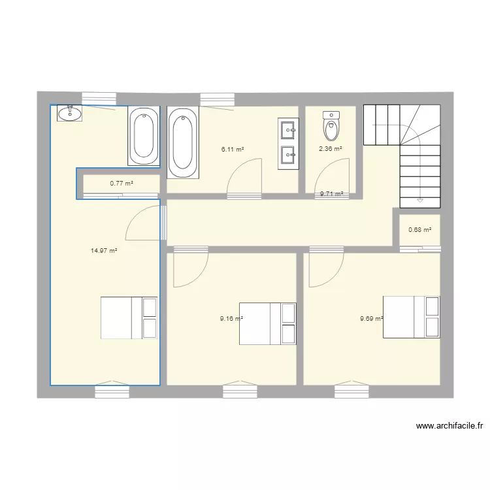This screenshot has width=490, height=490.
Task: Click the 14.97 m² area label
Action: pyautogui.click(x=105, y=250)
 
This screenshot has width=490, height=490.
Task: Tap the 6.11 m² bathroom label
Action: pyautogui.click(x=233, y=150)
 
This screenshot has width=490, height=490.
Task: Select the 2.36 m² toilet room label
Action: pyautogui.click(x=330, y=149)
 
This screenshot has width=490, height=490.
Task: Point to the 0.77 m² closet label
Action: pyautogui.click(x=122, y=184)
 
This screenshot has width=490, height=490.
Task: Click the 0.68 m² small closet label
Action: pyautogui.click(x=419, y=229)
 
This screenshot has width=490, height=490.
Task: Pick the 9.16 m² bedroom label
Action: pyautogui.click(x=231, y=319)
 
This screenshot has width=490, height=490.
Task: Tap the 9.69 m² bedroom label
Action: pyautogui.click(x=371, y=319)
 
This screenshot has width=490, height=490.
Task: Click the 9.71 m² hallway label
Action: pyautogui.click(x=331, y=194)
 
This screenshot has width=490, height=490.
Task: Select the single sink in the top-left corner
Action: pyautogui.click(x=69, y=114)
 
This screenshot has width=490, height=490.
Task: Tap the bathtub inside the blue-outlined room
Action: pyautogui.click(x=142, y=136)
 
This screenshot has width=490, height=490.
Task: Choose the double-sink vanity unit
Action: pyautogui.click(x=288, y=142)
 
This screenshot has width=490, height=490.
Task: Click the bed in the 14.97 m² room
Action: pyautogui.click(x=129, y=318)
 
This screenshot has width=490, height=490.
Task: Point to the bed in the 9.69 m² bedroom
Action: pyautogui.click(x=411, y=317)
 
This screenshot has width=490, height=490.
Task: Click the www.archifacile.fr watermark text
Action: pyautogui.click(x=449, y=426)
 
